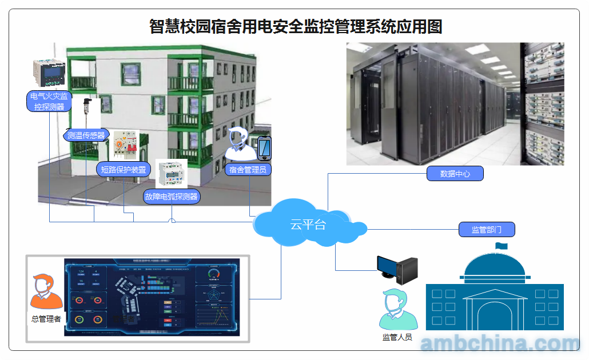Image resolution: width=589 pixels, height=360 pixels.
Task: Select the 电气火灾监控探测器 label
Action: pos(49,101)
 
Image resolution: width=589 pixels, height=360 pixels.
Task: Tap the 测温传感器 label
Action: pos(86,135)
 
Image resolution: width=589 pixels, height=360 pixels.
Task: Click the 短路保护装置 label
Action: pos(124,169)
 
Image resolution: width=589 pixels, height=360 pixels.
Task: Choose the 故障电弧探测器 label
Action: pos(172,197)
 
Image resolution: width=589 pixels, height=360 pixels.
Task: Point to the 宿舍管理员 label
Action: pos(248,169)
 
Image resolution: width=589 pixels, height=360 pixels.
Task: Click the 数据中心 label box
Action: pos(455,174)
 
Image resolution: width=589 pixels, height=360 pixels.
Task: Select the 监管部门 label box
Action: pos(487,230)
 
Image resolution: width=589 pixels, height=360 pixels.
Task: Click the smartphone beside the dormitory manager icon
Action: pos(264,149)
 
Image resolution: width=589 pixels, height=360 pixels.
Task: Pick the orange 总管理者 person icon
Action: pos(46,292)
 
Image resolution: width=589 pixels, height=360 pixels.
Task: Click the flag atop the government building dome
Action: pos(501,246)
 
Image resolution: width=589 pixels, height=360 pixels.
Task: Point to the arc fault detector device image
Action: pos(172,174)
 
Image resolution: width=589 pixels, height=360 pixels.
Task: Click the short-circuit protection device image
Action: pos(126,145)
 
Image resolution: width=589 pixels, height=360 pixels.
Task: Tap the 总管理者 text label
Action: pos(46,319)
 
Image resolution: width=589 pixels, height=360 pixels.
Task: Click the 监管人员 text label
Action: pos(397,337)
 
